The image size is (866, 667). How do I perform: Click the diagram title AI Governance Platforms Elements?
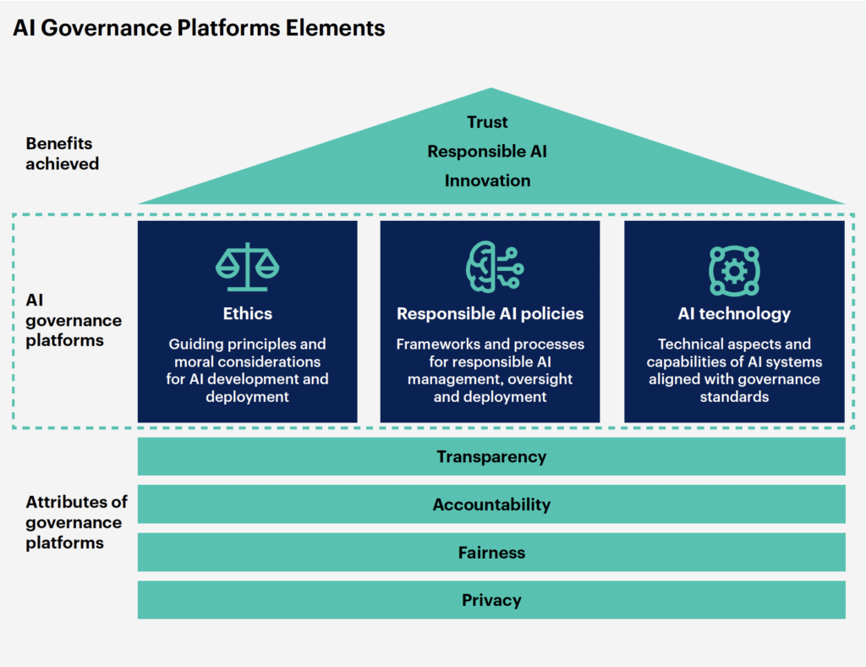199,28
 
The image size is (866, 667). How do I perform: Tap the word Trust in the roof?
488,123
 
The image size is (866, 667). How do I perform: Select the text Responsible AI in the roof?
487,152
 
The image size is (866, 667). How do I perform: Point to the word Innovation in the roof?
488,180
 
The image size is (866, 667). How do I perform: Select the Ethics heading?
248,314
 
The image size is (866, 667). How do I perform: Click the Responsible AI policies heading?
491,314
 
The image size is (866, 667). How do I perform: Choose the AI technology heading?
734,314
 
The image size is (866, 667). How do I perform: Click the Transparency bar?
491,457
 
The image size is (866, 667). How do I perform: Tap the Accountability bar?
491,504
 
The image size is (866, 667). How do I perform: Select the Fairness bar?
491,553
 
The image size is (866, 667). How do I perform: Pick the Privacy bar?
491,600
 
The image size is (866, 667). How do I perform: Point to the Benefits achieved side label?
62,153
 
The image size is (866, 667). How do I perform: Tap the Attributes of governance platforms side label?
76,522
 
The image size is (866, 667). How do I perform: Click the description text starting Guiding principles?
248,371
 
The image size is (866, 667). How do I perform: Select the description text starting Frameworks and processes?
491,371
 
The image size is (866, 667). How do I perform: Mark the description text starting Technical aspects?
734,371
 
